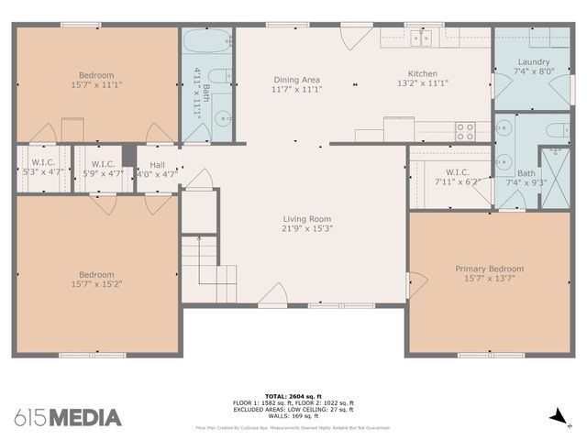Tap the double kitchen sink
pos(422,38)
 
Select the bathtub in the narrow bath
pos(207,41)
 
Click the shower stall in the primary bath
pos(555,167)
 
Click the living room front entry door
pos(272,294)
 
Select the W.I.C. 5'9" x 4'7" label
pos(102,168)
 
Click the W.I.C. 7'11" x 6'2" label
pos(457,177)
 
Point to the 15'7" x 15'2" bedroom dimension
pos(96,284)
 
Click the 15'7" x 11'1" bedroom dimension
pos(96,84)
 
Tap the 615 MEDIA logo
pos(68,417)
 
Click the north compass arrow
pos(557,417)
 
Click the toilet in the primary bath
pos(558,130)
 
